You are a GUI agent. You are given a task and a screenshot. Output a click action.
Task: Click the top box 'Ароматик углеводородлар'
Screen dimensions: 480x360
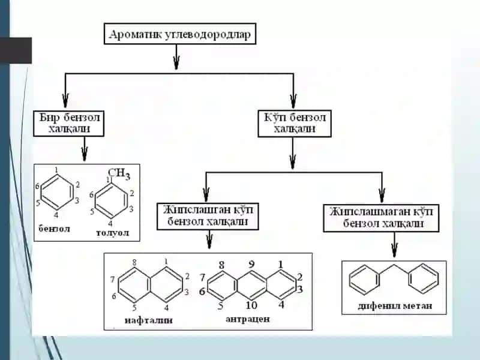180,34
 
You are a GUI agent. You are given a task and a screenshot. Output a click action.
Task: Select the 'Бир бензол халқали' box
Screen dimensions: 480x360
69,124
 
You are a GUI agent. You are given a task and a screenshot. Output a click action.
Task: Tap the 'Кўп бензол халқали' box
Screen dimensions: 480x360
295,124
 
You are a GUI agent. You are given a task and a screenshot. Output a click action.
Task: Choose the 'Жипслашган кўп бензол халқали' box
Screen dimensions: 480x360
208,216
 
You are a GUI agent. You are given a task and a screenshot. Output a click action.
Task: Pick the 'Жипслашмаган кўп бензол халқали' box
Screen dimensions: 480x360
381,218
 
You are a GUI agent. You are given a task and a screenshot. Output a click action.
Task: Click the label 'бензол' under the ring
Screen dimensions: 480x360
54,229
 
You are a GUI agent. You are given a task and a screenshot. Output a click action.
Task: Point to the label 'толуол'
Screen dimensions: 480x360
112,233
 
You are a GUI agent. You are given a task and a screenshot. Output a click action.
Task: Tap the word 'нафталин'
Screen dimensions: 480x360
148,320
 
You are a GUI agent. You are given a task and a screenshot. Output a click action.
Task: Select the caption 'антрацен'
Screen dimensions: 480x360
248,319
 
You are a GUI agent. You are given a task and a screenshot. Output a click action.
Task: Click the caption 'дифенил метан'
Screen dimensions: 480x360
395,305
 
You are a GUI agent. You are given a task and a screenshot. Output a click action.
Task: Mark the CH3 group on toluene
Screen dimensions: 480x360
119,173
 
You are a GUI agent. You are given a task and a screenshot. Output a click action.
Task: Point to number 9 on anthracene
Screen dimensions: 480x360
251,264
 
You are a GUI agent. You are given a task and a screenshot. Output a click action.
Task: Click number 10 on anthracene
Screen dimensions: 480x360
251,305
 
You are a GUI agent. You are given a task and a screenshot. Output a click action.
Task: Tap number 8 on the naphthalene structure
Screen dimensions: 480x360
134,262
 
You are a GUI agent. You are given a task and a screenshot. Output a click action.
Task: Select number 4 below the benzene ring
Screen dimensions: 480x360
56,215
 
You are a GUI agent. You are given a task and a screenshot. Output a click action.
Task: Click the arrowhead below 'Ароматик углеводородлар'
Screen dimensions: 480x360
176,62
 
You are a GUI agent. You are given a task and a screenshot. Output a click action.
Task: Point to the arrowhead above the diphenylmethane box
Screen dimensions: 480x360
395,250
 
